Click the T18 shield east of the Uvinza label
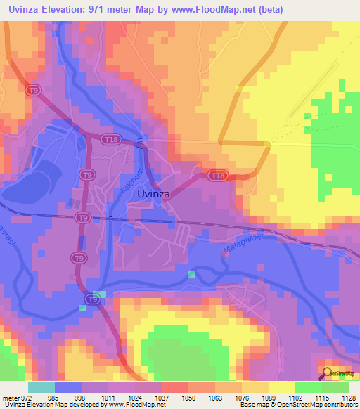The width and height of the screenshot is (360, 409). (217, 176)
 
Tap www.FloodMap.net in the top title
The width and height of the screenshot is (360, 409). (214, 9)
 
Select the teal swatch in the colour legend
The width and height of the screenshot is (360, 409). (41, 387)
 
